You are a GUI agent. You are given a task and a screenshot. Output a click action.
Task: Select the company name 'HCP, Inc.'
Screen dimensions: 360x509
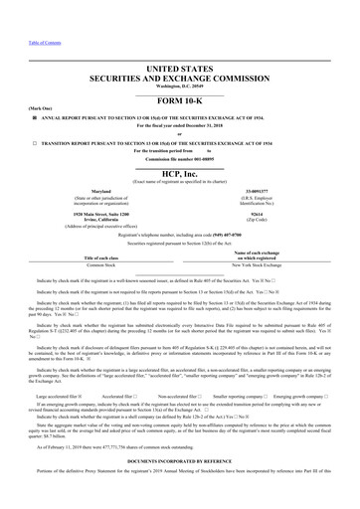coord(180,168)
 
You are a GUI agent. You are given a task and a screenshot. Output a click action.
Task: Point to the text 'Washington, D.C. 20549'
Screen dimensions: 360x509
coord(179,84)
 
